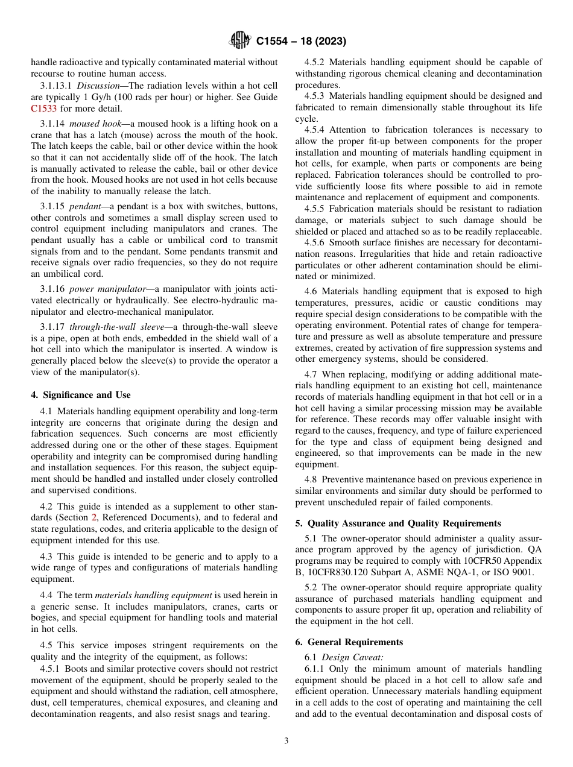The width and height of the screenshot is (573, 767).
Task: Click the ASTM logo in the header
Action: click(241, 41)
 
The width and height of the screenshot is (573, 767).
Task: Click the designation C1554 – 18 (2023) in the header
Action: click(301, 42)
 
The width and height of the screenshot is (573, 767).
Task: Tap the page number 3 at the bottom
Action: click(286, 740)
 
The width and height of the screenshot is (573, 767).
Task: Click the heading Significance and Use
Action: click(81, 395)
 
